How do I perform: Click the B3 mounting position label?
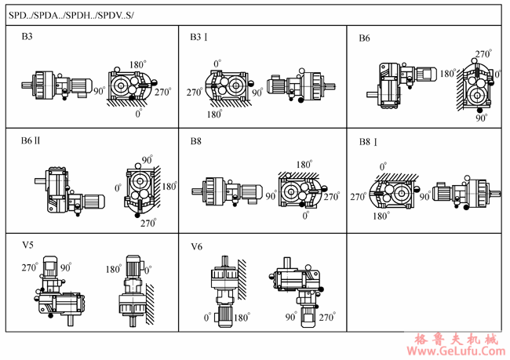(27, 36)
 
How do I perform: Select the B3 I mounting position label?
(199, 37)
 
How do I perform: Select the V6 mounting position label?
(197, 246)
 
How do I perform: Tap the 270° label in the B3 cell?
(163, 91)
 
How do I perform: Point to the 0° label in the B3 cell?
(138, 113)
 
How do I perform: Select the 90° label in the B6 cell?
(481, 119)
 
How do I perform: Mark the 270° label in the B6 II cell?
(148, 223)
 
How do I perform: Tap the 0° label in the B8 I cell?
(382, 166)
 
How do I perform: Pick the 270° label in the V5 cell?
(30, 267)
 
